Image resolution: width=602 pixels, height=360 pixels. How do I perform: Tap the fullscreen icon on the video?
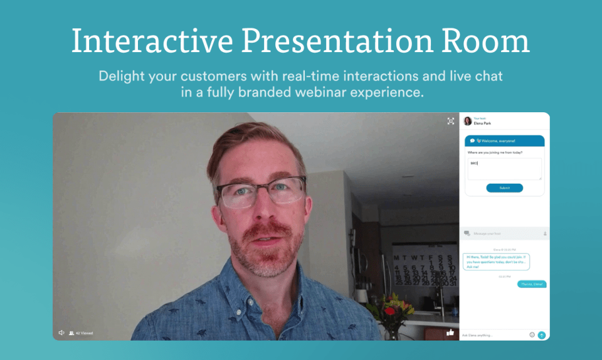click(450, 121)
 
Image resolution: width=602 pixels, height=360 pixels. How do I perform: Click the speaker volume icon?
click(61, 332)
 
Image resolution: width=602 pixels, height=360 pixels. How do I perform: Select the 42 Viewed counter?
click(81, 333)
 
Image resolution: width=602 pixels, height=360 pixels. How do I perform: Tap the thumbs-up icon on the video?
click(450, 332)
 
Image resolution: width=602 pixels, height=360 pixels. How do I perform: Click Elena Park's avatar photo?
click(467, 121)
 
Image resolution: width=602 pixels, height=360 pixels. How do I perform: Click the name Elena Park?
click(483, 124)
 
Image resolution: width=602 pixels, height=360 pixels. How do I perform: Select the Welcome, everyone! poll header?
click(504, 140)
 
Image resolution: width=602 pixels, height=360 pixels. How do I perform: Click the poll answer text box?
click(504, 169)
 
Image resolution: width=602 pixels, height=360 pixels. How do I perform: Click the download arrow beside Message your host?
click(544, 233)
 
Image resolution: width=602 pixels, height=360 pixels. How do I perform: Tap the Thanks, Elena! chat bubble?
click(532, 284)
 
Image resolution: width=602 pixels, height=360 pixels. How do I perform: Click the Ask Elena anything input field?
click(492, 335)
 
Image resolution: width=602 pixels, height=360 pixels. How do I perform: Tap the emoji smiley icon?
click(532, 335)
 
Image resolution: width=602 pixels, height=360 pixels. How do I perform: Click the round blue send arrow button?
click(542, 335)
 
